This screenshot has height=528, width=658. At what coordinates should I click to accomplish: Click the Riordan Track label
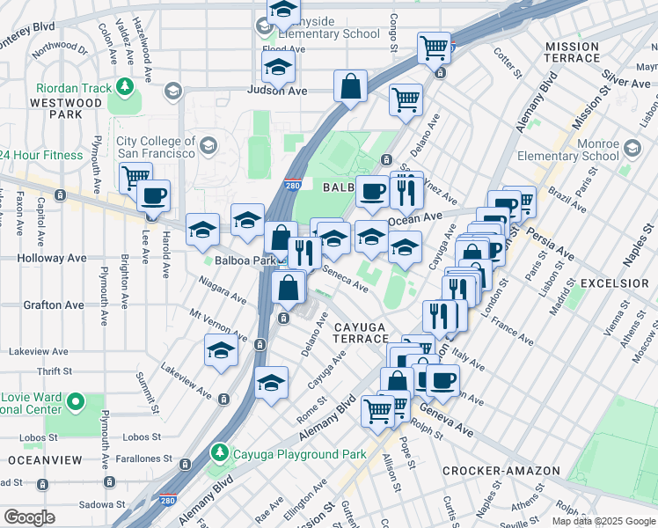pos(74,88)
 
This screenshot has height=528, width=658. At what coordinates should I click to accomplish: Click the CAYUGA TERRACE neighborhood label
pos(360,333)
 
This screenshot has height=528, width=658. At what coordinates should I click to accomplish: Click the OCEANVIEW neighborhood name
pos(45,460)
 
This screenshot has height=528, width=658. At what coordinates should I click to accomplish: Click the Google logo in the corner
pos(29,517)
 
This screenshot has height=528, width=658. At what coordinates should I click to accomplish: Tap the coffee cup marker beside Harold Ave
pos(153,196)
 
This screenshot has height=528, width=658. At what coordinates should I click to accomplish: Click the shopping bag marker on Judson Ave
pos(350,87)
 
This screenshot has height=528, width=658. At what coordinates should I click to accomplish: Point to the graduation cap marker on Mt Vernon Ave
pos(221,350)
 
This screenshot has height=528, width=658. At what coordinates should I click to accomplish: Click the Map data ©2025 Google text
pos(603,521)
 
